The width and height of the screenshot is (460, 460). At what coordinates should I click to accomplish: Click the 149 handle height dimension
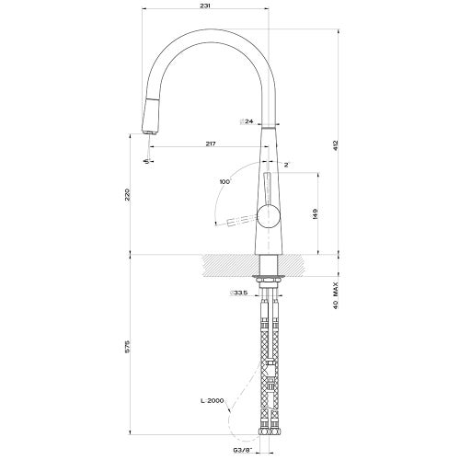(316, 213)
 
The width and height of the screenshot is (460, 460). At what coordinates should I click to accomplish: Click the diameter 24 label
(246, 121)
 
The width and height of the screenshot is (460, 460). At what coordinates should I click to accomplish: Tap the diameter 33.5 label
(239, 294)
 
